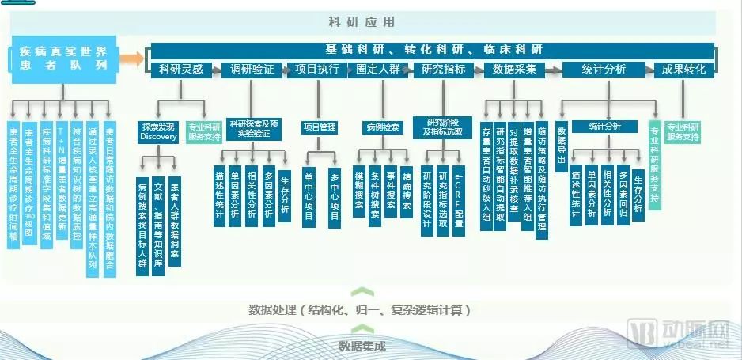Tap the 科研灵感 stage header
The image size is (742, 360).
coord(180,70)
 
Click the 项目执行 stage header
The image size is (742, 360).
coord(316,70)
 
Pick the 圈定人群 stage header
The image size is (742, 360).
coord(377,70)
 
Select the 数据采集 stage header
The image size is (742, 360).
coord(514,70)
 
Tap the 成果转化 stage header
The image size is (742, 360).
coord(684,70)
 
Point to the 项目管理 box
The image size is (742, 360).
coord(320,127)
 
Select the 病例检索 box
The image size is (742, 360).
coord(383,127)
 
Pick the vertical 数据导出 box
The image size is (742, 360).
coord(562,142)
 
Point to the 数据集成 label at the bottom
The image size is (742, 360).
coord(362,346)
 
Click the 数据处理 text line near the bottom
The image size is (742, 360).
coord(360,309)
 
